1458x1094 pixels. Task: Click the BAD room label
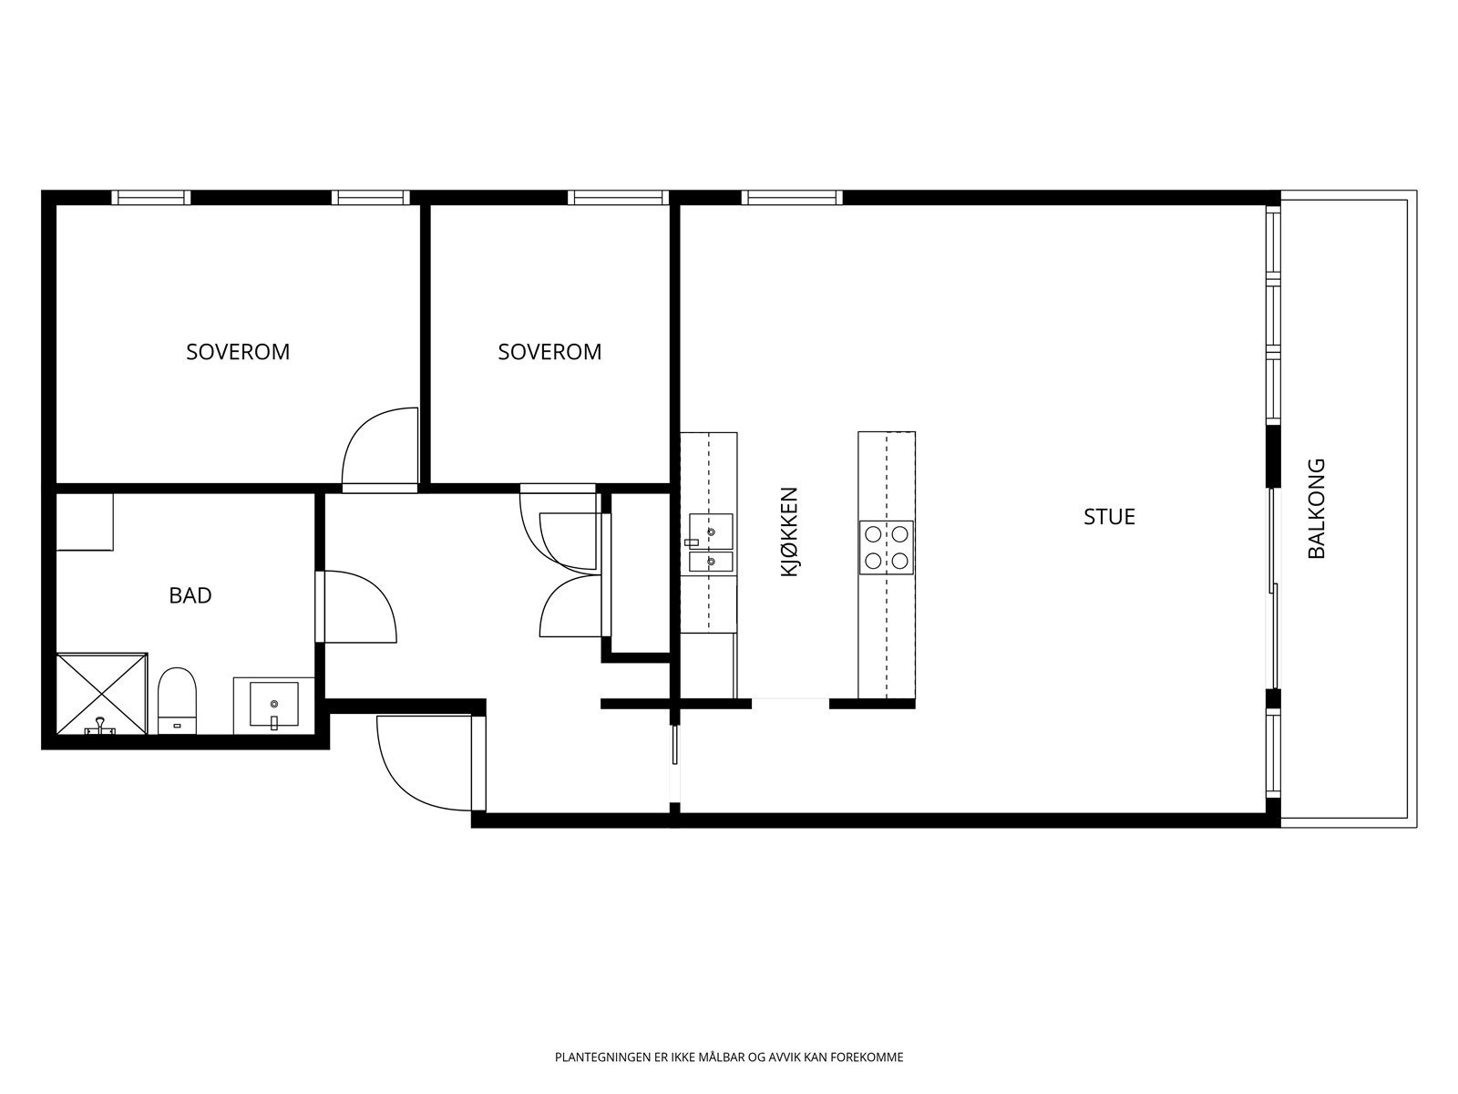pyautogui.click(x=190, y=595)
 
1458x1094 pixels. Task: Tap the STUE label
pyautogui.click(x=1109, y=517)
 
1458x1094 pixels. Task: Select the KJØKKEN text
pyautogui.click(x=788, y=532)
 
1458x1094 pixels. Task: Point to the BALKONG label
pyautogui.click(x=1316, y=508)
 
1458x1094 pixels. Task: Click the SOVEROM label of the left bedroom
pyautogui.click(x=238, y=351)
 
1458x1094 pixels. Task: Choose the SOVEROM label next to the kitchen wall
pyautogui.click(x=549, y=351)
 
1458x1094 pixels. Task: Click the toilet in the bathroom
pyautogui.click(x=178, y=701)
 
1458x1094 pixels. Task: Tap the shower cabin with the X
pyautogui.click(x=102, y=694)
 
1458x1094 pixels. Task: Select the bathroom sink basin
pyautogui.click(x=273, y=704)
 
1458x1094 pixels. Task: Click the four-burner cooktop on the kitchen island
pyautogui.click(x=886, y=547)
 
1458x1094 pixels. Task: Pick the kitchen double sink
pyautogui.click(x=711, y=542)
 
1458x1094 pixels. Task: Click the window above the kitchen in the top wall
pyautogui.click(x=792, y=197)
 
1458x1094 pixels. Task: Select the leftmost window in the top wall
pyautogui.click(x=150, y=197)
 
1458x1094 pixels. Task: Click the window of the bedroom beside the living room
pyautogui.click(x=618, y=197)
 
